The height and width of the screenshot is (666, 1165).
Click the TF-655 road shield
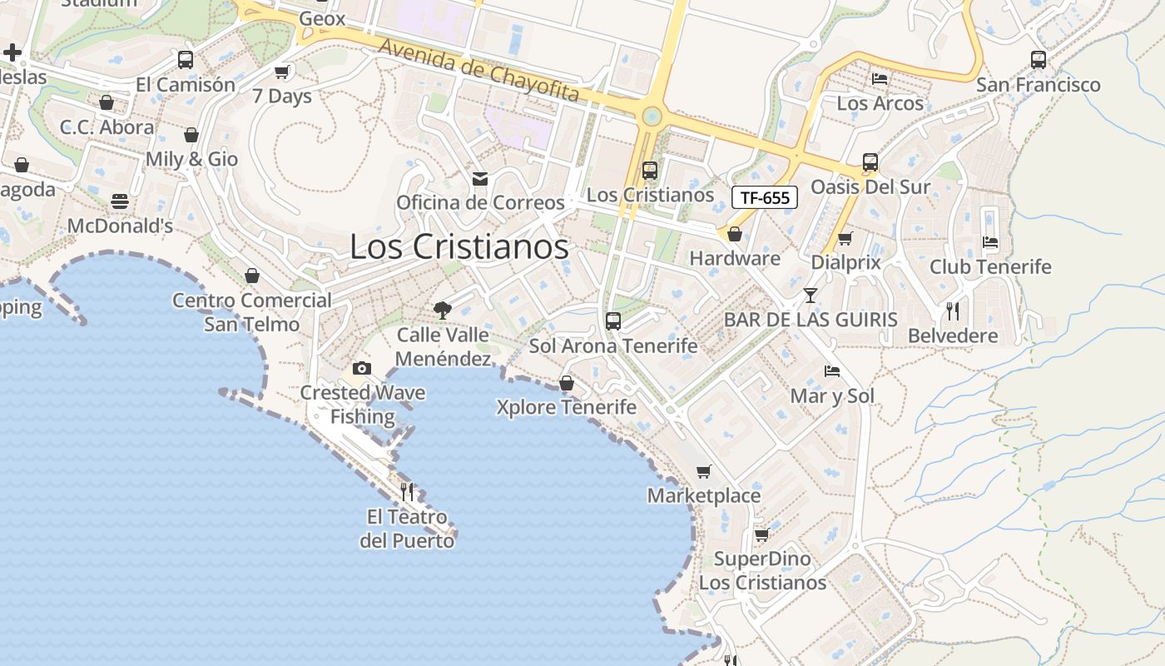pyautogui.click(x=765, y=197)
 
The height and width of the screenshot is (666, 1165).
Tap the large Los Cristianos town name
pyautogui.click(x=459, y=246)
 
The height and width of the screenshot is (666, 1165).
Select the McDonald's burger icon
pyautogui.click(x=120, y=201)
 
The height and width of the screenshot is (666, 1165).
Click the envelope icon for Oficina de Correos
pyautogui.click(x=480, y=178)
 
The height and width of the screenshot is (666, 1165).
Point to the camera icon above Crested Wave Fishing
pyautogui.click(x=362, y=368)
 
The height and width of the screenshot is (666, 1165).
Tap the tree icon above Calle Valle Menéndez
pyautogui.click(x=443, y=311)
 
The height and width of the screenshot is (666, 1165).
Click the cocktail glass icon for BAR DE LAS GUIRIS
pyautogui.click(x=811, y=296)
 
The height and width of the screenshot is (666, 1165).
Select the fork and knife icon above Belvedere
pyautogui.click(x=953, y=311)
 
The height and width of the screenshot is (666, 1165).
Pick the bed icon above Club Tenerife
pyautogui.click(x=990, y=242)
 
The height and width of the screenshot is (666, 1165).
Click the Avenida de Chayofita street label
pyautogui.click(x=478, y=69)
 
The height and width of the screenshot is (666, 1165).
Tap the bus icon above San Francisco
pyautogui.click(x=1039, y=60)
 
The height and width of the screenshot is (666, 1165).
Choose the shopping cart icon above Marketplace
pyautogui.click(x=704, y=472)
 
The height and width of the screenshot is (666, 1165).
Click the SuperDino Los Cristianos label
pyautogui.click(x=762, y=570)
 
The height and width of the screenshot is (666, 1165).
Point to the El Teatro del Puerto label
pyautogui.click(x=407, y=529)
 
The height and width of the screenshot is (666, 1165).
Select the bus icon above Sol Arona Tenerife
pyautogui.click(x=613, y=321)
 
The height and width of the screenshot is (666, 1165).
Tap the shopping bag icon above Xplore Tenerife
pyautogui.click(x=567, y=383)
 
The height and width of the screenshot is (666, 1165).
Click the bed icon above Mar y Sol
pyautogui.click(x=832, y=371)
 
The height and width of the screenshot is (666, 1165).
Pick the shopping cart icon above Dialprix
pyautogui.click(x=845, y=239)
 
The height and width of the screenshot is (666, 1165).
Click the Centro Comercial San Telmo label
pyautogui.click(x=251, y=311)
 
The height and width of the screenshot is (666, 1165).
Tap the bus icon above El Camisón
pyautogui.click(x=186, y=60)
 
